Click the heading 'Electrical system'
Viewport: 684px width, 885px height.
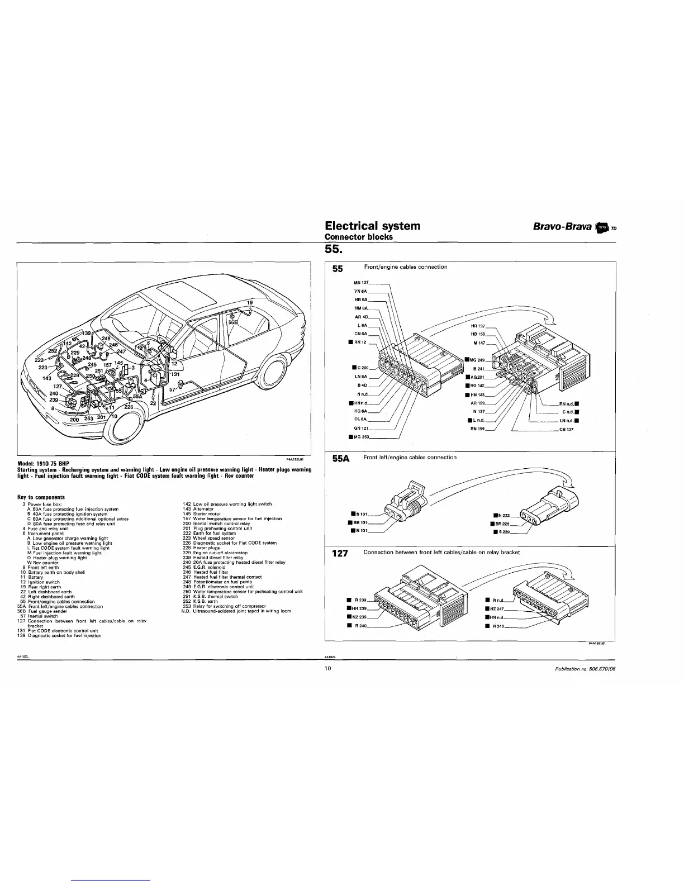point(372,226)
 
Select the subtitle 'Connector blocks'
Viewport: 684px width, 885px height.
point(359,236)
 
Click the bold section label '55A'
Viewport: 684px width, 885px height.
point(340,459)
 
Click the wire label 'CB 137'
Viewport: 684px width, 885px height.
point(566,430)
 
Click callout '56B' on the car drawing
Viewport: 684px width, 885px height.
point(232,322)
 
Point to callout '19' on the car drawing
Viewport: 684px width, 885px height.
point(250,302)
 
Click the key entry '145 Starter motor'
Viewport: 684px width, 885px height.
point(202,514)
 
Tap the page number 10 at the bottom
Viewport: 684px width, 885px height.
point(329,670)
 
